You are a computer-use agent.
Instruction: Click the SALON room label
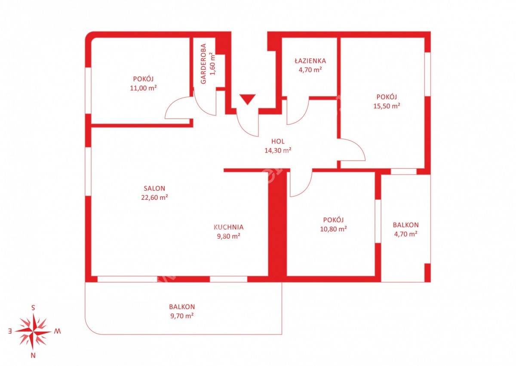(154, 189)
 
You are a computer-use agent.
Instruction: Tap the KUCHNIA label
(228, 227)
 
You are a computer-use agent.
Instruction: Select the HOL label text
(278, 141)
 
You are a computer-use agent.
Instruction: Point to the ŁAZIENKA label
(310, 61)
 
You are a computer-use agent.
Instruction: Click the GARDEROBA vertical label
(203, 64)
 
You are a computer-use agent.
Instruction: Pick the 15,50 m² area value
(387, 106)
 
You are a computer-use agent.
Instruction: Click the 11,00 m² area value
(143, 88)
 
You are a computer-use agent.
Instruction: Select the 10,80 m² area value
(333, 229)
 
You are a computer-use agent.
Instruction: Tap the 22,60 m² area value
(154, 197)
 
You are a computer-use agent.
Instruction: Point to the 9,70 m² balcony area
(182, 316)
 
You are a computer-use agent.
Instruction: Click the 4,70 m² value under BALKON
(405, 234)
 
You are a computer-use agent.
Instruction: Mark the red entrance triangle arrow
(247, 99)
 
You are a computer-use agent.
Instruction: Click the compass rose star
(33, 332)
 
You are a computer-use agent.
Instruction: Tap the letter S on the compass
(33, 307)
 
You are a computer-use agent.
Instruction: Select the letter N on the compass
(33, 356)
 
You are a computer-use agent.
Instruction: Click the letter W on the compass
(57, 332)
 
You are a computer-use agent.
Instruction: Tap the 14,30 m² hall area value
(278, 150)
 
